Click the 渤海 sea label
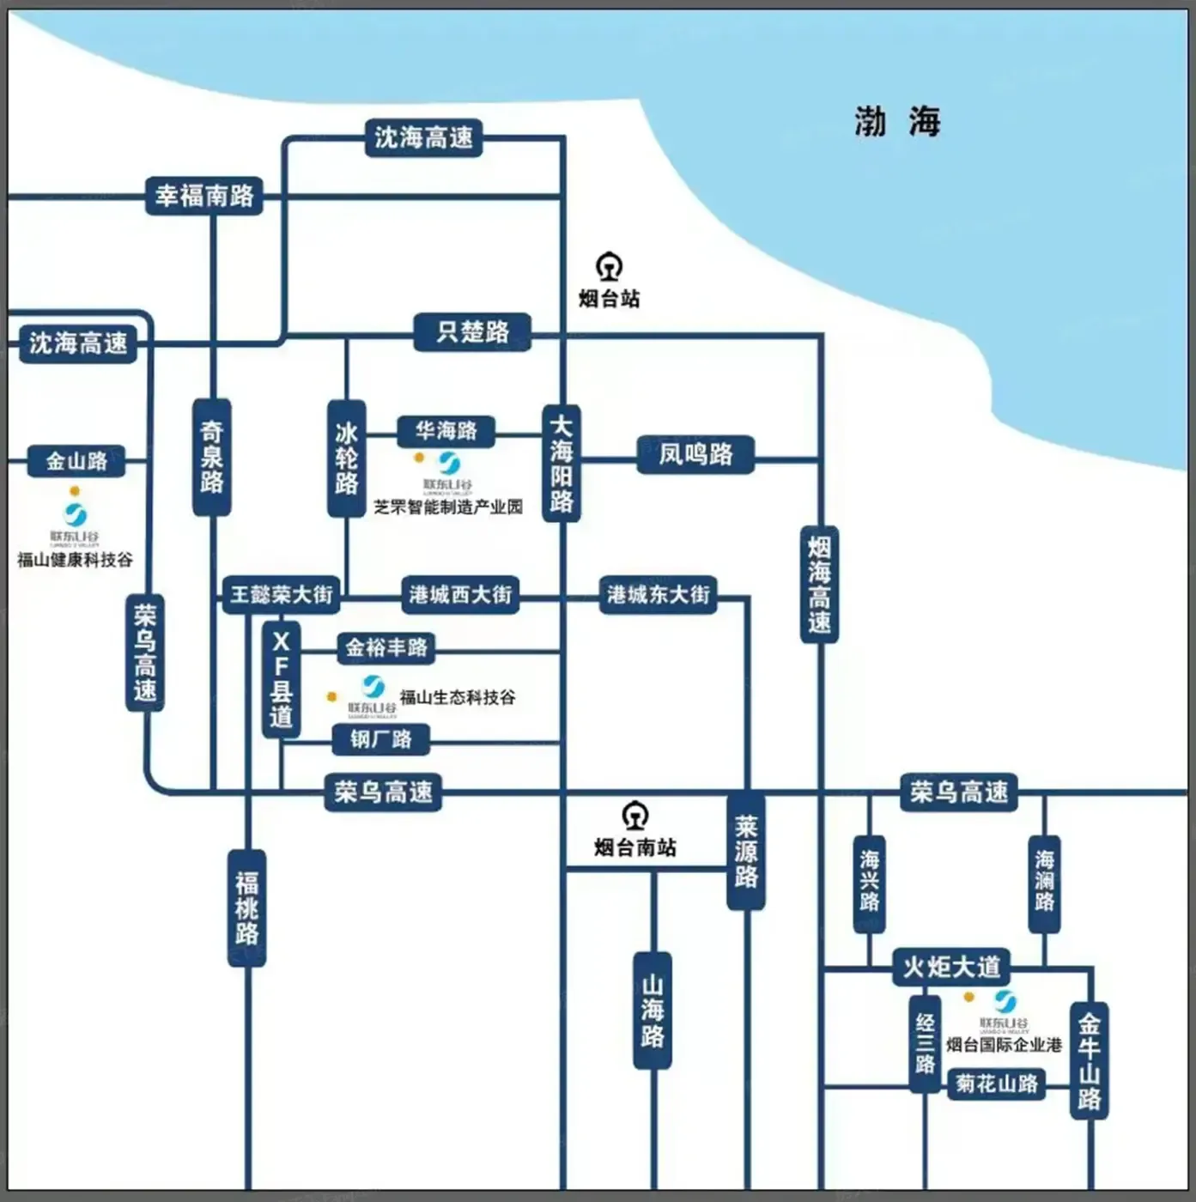pos(897,122)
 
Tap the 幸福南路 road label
pos(204,196)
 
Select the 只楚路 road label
pos(472,332)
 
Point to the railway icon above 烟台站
pos(609,267)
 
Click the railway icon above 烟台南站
pos(634,816)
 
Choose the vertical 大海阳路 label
pos(562,464)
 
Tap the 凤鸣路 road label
pos(695,454)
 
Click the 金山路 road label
pos(76,461)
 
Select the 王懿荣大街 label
pos(281,594)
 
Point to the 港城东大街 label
pos(658,594)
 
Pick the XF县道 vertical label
pos(281,678)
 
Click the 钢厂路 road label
pos(380,739)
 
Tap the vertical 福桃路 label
pos(246,908)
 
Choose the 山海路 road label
pos(653,1010)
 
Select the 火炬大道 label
pos(951,967)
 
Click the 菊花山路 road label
pos(996,1084)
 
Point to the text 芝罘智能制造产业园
pos(447,507)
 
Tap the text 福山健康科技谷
pos(76,560)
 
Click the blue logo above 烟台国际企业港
pos(1005,1001)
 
